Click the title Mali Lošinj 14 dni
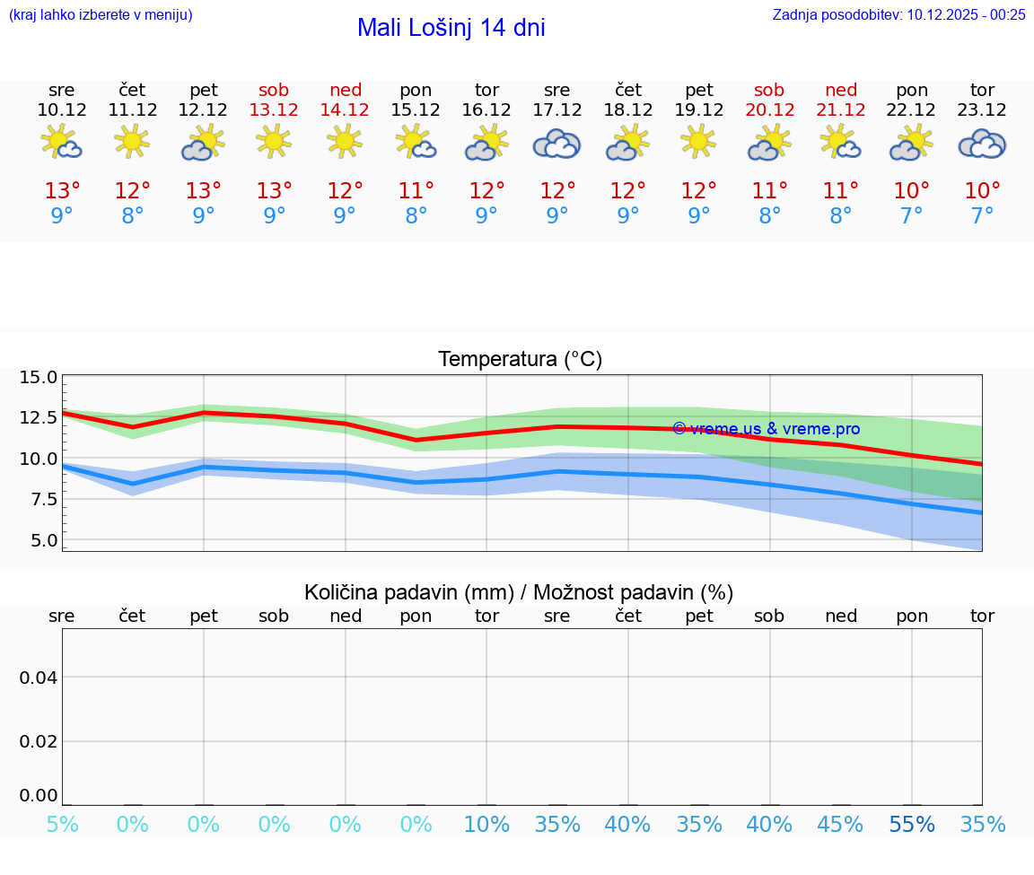click(451, 28)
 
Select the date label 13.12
click(274, 109)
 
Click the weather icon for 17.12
click(556, 144)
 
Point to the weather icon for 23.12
click(982, 144)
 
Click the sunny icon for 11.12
click(132, 141)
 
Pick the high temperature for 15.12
click(416, 190)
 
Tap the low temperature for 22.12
click(911, 215)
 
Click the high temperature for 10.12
click(62, 190)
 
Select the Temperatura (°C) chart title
click(520, 359)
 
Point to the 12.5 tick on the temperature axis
click(39, 417)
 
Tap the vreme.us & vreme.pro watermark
click(766, 429)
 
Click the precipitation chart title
click(519, 592)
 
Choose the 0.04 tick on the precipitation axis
click(39, 677)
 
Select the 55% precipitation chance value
click(911, 825)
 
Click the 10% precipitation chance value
click(486, 825)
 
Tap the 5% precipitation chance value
click(62, 825)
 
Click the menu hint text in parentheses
click(101, 14)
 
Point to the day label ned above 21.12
click(841, 90)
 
